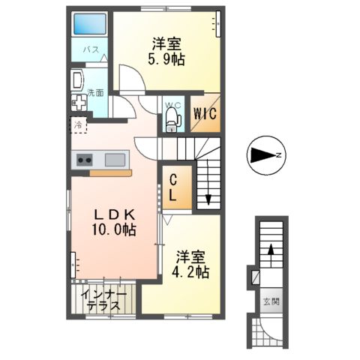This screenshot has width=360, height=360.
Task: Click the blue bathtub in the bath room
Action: coord(90,24)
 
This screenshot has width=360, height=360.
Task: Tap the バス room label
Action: coord(91,49)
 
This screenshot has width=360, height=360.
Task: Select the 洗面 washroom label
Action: coord(95,93)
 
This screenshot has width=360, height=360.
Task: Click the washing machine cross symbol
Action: coord(79,103)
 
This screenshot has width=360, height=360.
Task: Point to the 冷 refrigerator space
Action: coord(78,125)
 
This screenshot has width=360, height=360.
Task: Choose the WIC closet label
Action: coord(205,114)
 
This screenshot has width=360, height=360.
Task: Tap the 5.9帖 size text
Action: coord(166,60)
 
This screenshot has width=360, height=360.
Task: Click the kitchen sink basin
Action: coord(115,160)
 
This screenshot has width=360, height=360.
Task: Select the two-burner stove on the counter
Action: coord(84,160)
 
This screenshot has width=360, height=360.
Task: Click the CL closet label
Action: coord(173,187)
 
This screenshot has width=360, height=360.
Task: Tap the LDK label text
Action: coord(115,215)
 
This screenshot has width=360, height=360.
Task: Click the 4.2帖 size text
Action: coord(190,271)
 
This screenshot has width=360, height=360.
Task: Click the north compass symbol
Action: coord(266,155)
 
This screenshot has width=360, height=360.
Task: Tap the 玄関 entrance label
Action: coord(271,301)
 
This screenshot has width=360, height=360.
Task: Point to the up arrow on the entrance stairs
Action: coord(270,255)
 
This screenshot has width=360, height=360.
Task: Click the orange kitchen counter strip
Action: coord(110,173)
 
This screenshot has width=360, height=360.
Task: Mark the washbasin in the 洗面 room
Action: coord(77,80)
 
